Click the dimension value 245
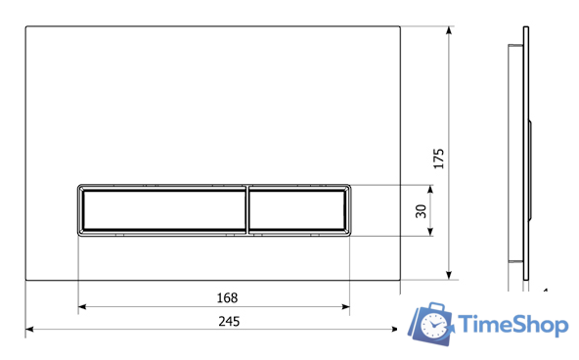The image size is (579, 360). click(229, 321)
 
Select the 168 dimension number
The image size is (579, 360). click(227, 297)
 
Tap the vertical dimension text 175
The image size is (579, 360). click(438, 158)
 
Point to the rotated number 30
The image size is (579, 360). click(421, 211)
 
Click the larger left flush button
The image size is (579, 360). click(163, 210)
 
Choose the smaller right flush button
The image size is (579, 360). click(297, 210)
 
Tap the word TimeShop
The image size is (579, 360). click(513, 325)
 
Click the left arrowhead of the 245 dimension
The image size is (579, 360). click(29, 329)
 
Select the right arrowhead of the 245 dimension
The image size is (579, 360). click(394, 329)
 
